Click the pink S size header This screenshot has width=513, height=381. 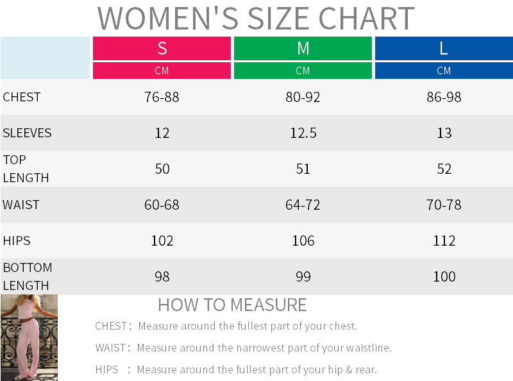coord(162,48)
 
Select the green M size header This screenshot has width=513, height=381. coord(303,48)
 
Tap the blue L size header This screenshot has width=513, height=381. coord(444,48)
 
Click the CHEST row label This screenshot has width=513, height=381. coord(22,97)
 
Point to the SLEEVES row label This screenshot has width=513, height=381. coord(27,133)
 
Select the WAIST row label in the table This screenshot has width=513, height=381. coord(21,205)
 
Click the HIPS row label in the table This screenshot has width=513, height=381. coord(17,241)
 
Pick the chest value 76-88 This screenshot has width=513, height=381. coord(162,97)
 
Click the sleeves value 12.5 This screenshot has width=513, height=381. coord(303,133)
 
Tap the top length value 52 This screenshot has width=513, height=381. coord(444,169)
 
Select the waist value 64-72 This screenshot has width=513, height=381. coord(303,205)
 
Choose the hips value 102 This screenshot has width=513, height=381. coord(162,241)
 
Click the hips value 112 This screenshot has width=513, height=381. coord(444,241)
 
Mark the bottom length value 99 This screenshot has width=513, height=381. coord(303,277)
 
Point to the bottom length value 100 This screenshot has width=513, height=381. coord(444,277)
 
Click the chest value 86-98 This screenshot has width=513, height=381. coord(444,97)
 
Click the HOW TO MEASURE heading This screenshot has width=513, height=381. coord(232,305)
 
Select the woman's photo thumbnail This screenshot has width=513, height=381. coord(29,337)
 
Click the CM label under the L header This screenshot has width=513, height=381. coord(444,71)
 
